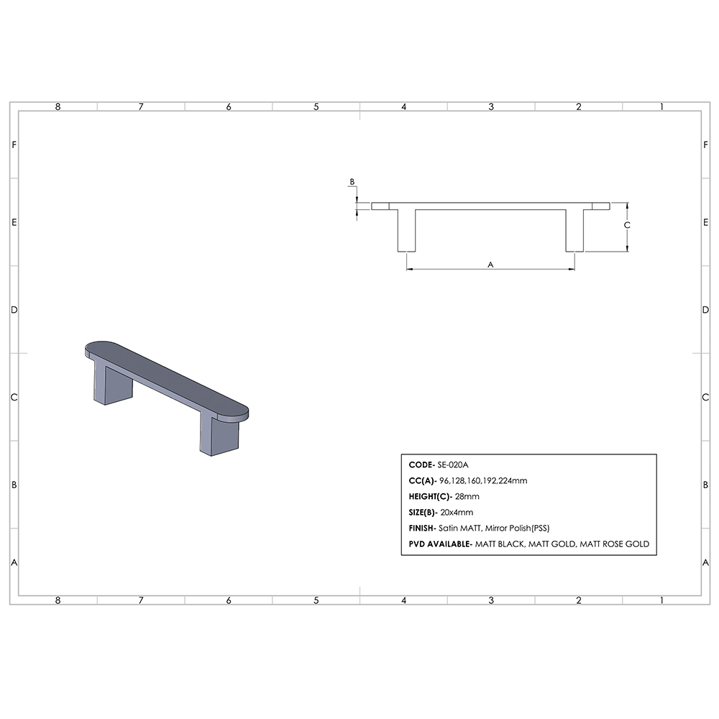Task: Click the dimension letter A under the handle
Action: (x=491, y=265)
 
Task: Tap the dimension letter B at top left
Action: (x=352, y=183)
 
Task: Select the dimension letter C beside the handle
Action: (x=627, y=225)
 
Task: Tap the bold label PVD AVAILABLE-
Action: (x=440, y=544)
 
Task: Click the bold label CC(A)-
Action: (x=422, y=481)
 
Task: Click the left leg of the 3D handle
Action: (x=112, y=385)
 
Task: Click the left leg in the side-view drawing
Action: (x=406, y=230)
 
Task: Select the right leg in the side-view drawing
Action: (x=574, y=230)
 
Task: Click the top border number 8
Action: (x=58, y=106)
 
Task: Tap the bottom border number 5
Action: (x=316, y=600)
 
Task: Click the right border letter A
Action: (x=705, y=562)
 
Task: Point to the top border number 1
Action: (x=661, y=106)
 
